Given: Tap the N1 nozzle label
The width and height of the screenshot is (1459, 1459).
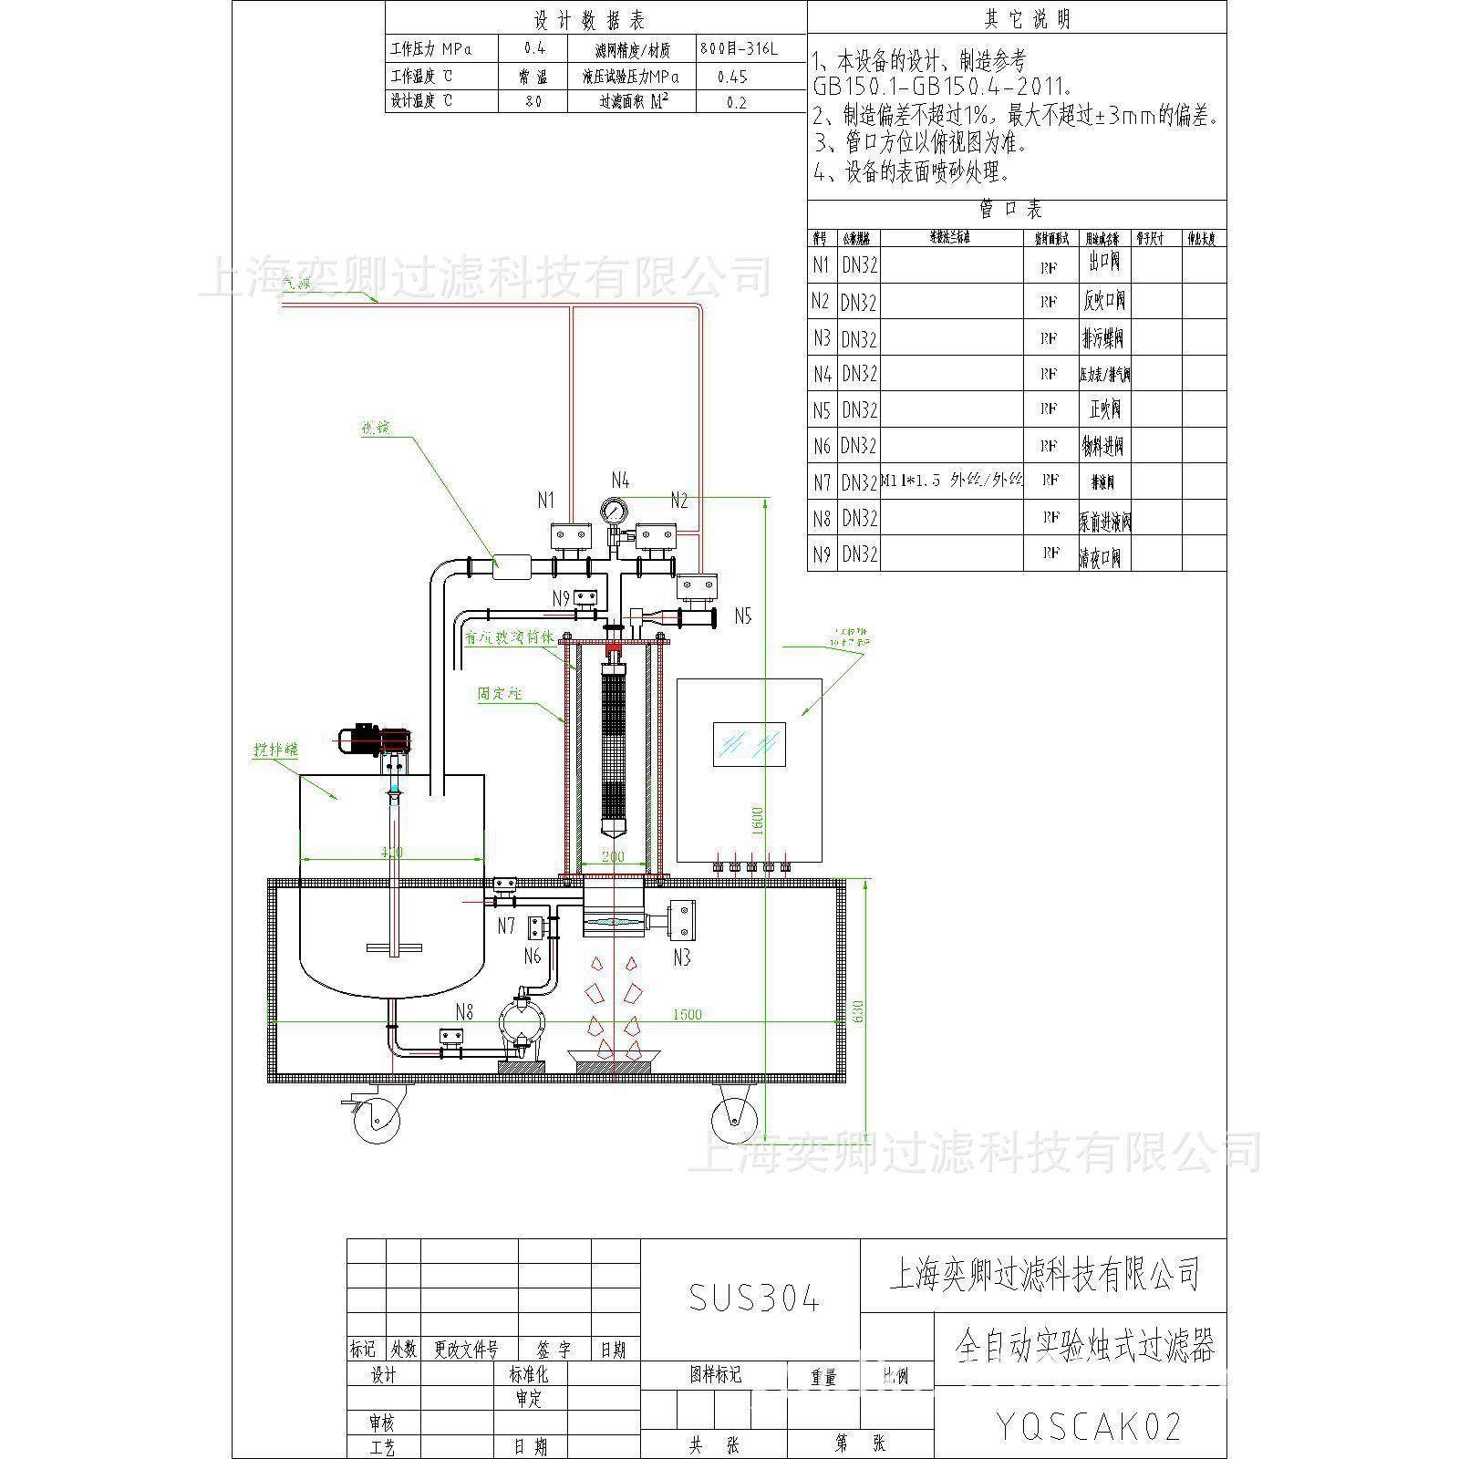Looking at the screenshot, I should pyautogui.click(x=545, y=500).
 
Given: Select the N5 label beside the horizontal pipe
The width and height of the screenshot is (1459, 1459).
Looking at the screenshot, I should pyautogui.click(x=743, y=616).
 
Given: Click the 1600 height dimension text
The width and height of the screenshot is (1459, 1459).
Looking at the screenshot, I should pyautogui.click(x=759, y=821).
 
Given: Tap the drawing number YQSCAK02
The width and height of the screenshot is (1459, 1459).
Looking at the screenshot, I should pyautogui.click(x=1089, y=1426).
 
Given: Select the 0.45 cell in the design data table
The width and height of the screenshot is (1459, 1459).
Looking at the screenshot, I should pyautogui.click(x=732, y=77).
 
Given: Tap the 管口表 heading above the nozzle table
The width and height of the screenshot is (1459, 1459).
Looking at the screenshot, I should pyautogui.click(x=1010, y=211).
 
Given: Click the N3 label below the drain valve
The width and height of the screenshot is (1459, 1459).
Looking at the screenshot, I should pyautogui.click(x=681, y=957).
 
